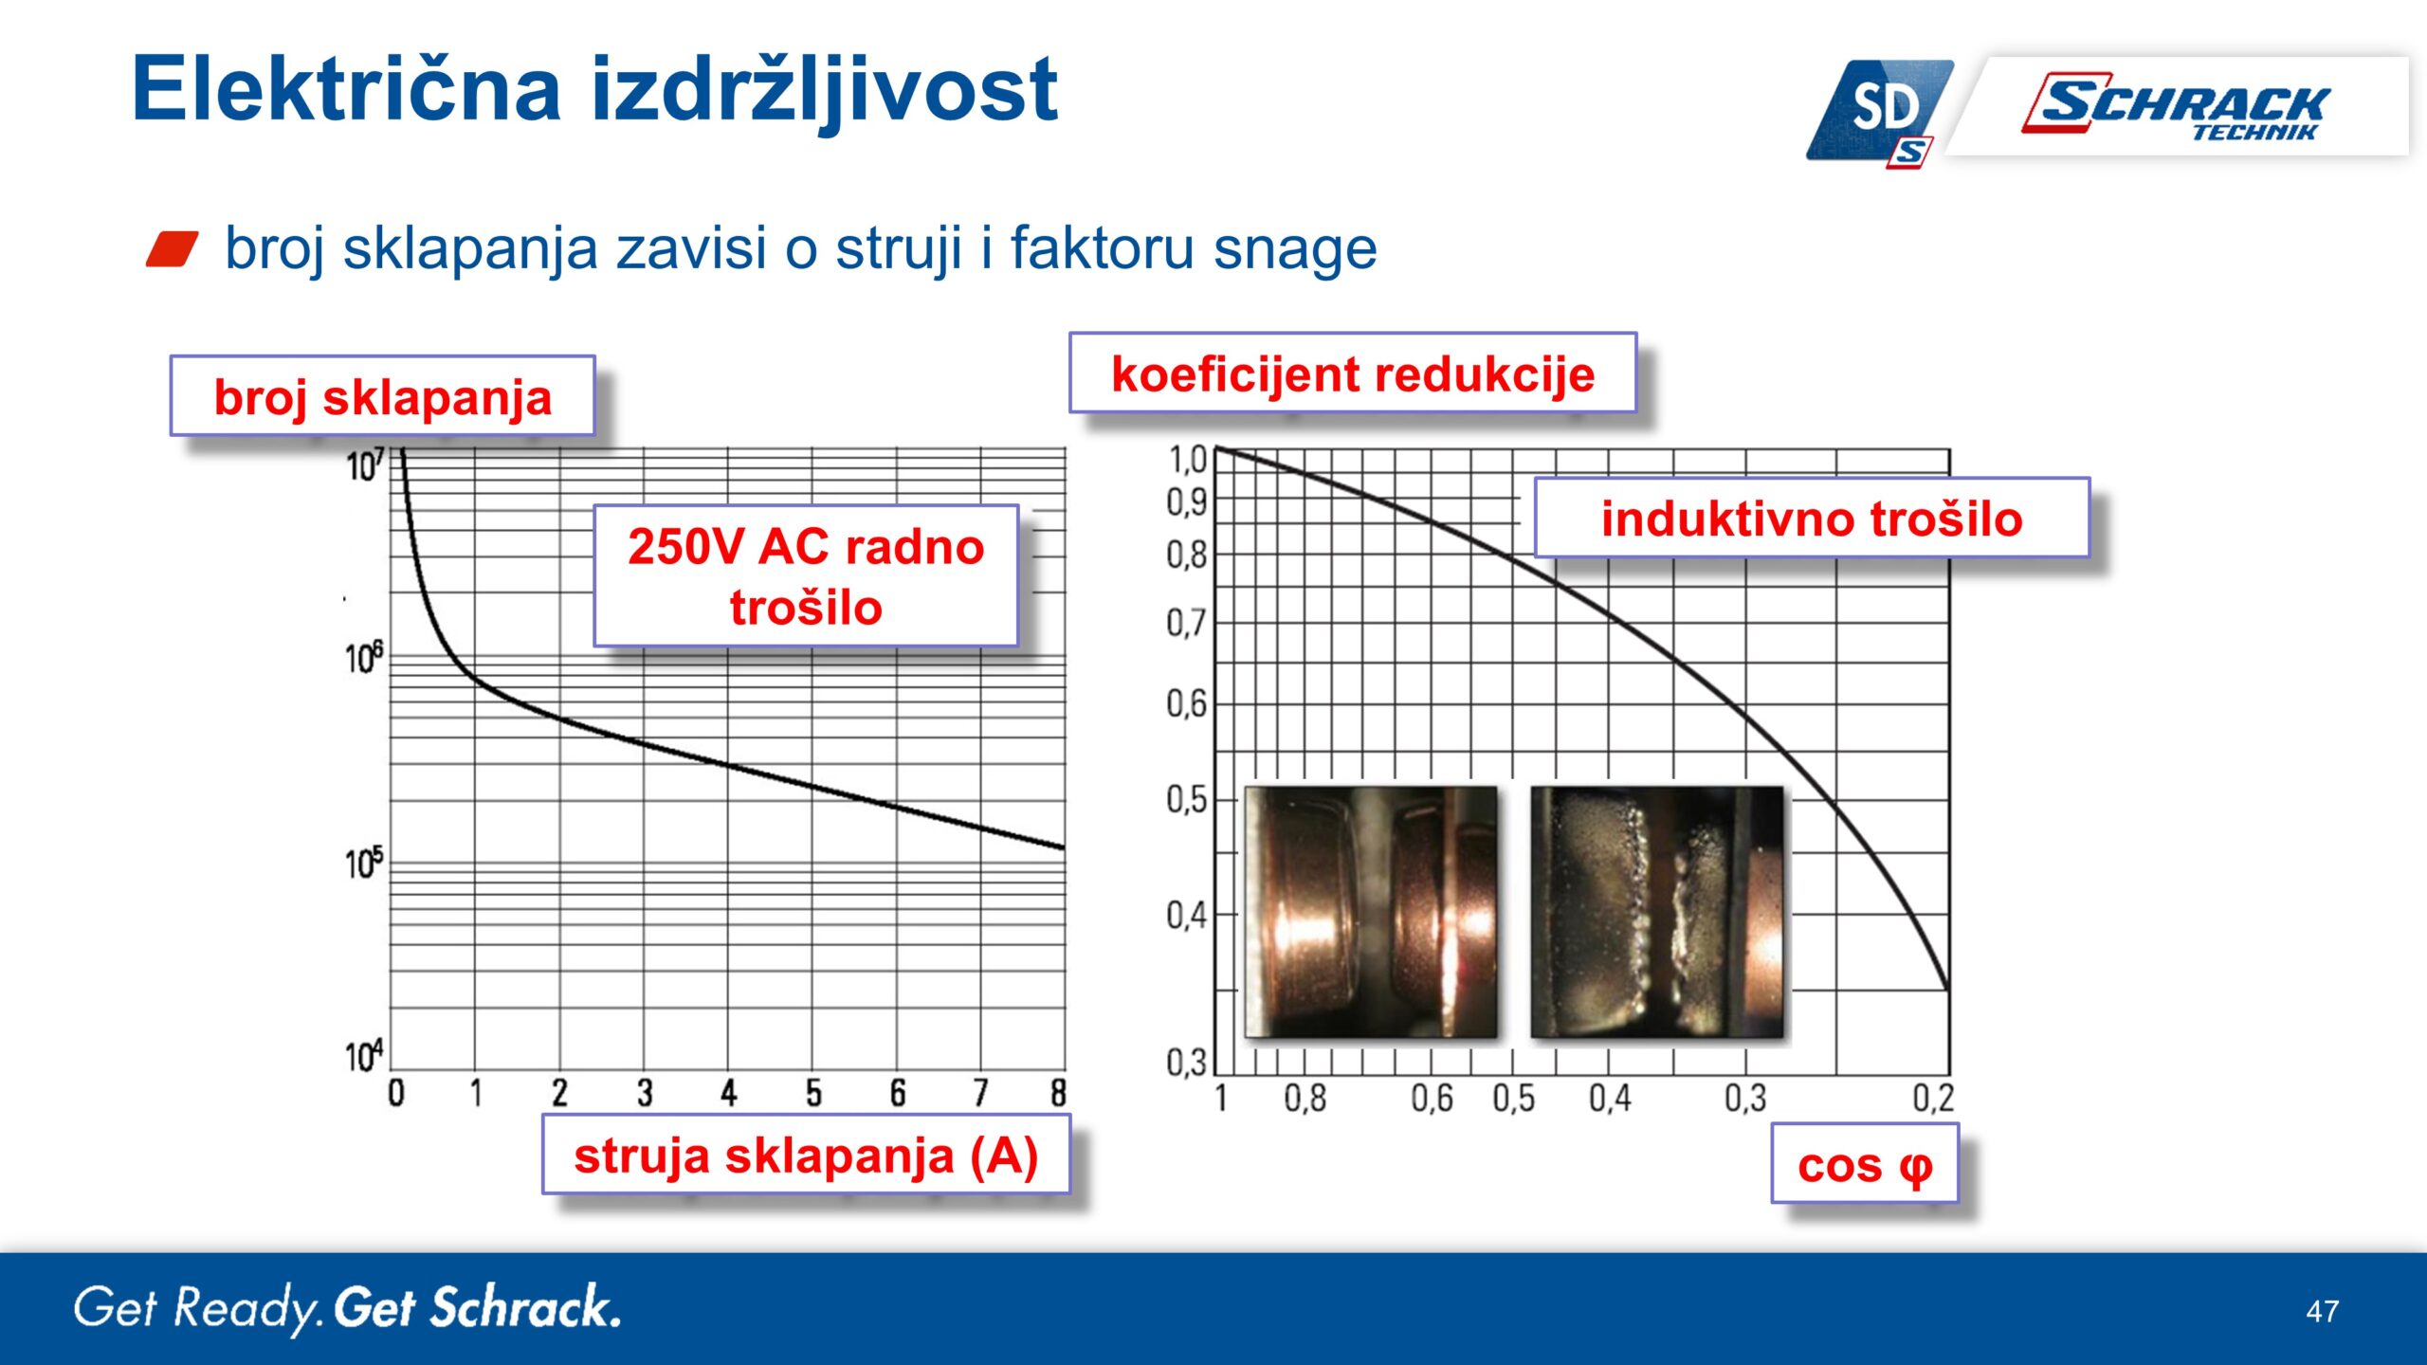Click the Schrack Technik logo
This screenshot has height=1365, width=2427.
2177,105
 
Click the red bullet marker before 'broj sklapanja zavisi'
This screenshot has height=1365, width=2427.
173,249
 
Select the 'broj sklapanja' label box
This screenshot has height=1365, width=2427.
382,396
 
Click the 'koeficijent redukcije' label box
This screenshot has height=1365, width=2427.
1353,373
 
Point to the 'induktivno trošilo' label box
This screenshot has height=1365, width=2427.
1812,518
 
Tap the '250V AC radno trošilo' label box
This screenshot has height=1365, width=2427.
806,576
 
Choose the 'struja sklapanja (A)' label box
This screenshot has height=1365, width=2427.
806,1155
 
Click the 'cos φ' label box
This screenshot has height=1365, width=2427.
1865,1164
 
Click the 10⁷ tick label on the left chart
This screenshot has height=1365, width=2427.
365,465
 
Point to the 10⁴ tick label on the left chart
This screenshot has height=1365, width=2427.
364,1055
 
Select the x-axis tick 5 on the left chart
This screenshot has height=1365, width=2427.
813,1093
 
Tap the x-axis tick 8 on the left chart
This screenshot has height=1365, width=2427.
1059,1093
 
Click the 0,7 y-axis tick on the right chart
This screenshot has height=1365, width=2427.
1186,623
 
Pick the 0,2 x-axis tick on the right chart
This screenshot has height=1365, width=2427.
1933,1098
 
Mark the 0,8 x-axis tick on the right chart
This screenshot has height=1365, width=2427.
1305,1098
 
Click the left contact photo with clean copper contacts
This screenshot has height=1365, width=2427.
1371,912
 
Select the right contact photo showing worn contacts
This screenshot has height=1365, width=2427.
1657,912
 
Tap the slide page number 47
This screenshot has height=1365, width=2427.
2323,1311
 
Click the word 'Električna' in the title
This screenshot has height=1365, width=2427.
347,90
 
